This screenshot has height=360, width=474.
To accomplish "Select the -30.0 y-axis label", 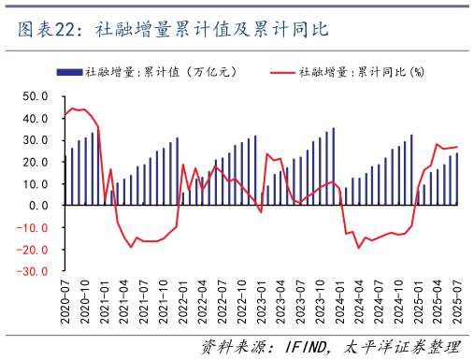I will click(34, 271).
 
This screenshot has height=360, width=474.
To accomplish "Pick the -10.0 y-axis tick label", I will click(34, 227).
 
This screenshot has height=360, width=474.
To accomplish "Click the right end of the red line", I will click(457, 147).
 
